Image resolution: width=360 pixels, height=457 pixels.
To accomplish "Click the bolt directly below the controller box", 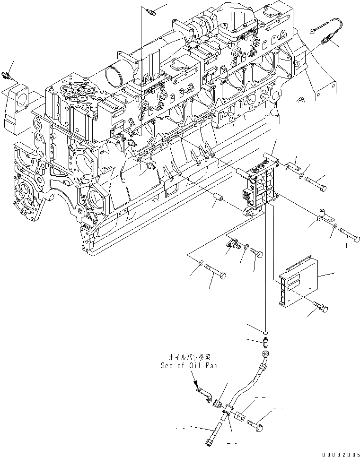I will [x=321, y=308].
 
